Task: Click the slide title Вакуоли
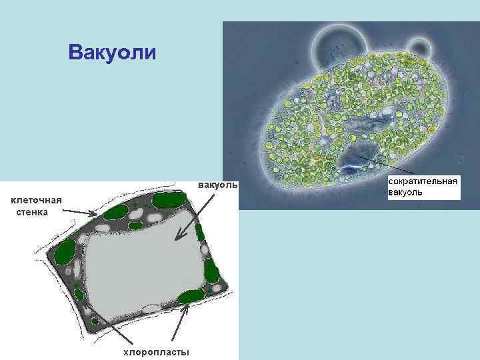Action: (x=112, y=52)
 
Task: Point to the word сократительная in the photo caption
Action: (x=423, y=181)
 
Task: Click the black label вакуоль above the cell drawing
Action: (x=217, y=185)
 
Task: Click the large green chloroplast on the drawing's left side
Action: (x=66, y=253)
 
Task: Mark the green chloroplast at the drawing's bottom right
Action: (x=190, y=296)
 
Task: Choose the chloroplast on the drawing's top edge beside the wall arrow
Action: (x=118, y=212)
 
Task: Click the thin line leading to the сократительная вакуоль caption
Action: (x=379, y=164)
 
